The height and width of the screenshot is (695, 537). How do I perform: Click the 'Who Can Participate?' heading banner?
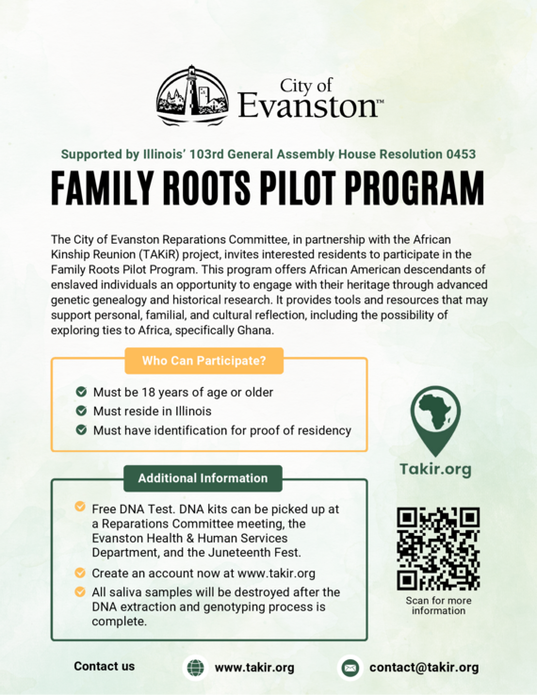coord(203,360)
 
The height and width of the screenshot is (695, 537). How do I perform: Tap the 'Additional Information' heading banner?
coord(203,478)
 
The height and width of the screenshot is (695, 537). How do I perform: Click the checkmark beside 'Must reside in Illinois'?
coord(82,412)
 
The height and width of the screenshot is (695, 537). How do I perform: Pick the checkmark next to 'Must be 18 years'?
coord(82,392)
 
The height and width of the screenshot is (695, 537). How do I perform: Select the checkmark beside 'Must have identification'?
coord(82,430)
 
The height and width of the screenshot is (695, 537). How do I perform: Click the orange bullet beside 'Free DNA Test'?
coord(80,507)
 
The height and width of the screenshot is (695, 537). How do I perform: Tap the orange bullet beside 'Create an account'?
coord(80,573)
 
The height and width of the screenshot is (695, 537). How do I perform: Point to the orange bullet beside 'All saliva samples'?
coord(80,591)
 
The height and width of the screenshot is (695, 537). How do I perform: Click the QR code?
coord(437,548)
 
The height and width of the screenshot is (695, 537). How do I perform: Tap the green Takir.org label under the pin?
coord(436,468)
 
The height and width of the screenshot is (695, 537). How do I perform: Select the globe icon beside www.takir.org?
coord(195,668)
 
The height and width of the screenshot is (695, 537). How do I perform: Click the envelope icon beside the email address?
coord(350,668)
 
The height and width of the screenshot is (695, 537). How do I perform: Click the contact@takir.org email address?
coord(424,668)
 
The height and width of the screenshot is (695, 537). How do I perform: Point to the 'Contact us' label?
coord(105,667)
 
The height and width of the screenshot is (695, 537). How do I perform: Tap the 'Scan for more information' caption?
coord(438,606)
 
